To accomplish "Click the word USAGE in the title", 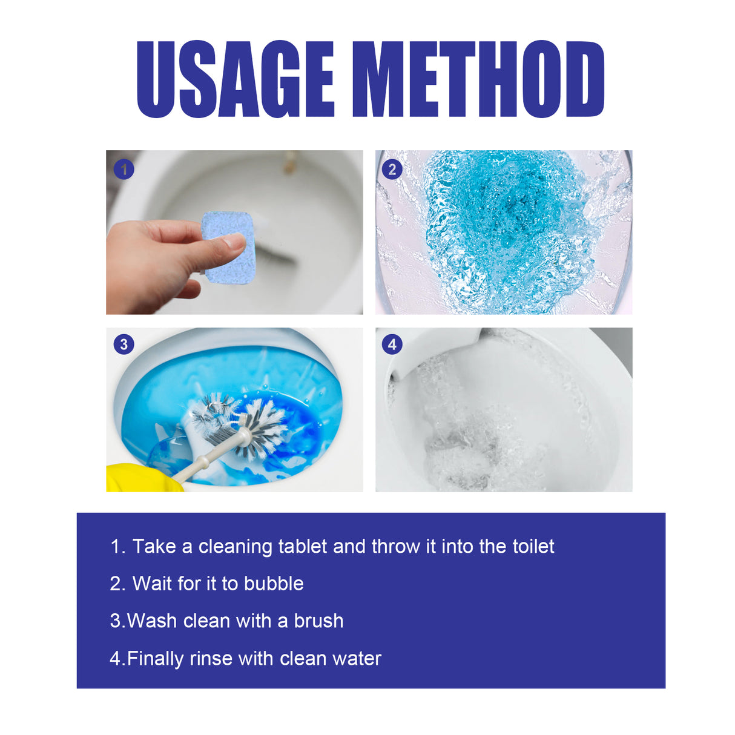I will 235,79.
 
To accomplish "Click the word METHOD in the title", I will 478,79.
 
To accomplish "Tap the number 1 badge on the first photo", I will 124,170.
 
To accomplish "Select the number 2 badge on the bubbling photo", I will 392,170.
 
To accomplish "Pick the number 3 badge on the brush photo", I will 124,344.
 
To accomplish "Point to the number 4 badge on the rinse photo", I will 392,344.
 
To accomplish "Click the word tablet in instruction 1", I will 303,546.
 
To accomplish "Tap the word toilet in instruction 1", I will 533,546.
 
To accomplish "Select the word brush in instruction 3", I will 318,621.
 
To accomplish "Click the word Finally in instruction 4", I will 155,659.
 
